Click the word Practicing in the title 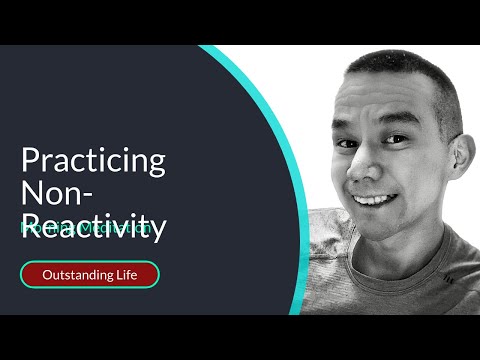[93, 162]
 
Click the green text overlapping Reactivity [86, 228]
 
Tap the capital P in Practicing [29, 160]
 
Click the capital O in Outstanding [46, 274]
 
